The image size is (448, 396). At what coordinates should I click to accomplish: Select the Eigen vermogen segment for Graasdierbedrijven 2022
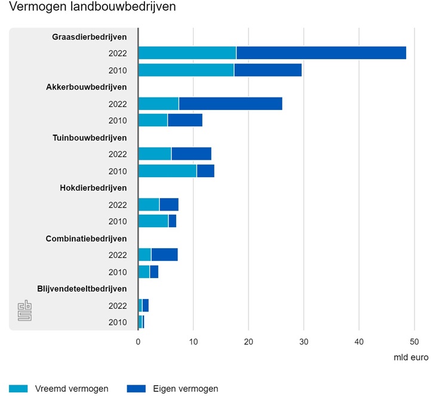(321, 53)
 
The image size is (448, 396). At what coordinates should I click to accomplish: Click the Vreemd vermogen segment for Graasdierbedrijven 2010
(186, 70)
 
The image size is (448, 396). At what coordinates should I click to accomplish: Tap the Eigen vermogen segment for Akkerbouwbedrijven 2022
(231, 103)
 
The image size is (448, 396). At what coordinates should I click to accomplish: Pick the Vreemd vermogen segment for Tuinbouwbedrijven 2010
(167, 171)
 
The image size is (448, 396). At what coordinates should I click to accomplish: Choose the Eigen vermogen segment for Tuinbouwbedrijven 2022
(191, 154)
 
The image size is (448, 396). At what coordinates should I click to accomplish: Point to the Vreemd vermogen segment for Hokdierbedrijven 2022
(149, 205)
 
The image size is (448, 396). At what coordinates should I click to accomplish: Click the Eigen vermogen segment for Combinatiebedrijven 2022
(164, 255)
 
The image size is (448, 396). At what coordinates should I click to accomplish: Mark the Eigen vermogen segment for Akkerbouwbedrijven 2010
(185, 120)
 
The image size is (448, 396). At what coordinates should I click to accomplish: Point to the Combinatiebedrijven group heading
(86, 238)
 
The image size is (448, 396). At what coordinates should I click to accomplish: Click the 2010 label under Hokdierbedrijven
(118, 221)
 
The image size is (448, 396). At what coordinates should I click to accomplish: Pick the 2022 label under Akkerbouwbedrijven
(118, 103)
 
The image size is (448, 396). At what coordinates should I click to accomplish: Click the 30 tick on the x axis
(303, 342)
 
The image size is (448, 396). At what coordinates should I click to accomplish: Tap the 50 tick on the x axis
(414, 342)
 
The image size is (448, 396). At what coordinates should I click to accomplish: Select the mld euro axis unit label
(410, 357)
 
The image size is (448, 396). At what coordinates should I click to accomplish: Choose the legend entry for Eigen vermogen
(173, 388)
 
